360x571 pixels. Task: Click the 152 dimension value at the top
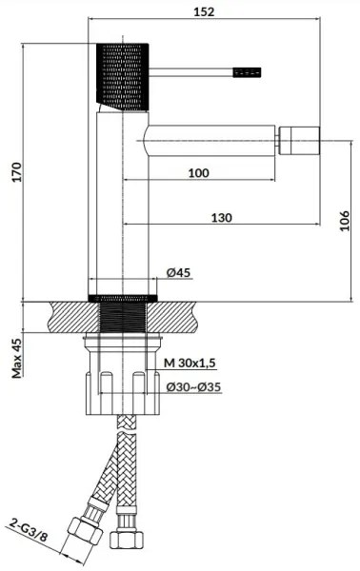coord(202,11)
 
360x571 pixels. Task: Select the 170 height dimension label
coord(13,170)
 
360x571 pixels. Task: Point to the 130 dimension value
coord(221,218)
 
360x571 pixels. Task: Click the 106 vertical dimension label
coord(345,221)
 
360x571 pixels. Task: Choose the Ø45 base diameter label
coord(179,273)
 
